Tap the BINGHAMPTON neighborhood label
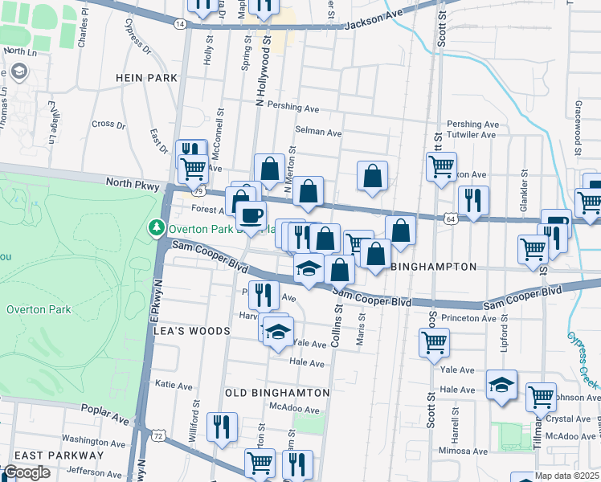pos(434,266)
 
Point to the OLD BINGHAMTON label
pos(277,393)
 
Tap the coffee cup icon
pos(251,214)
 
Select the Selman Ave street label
pos(318,133)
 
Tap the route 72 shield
pos(157,435)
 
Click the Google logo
pos(27,472)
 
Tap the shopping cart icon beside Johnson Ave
pos(541,395)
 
